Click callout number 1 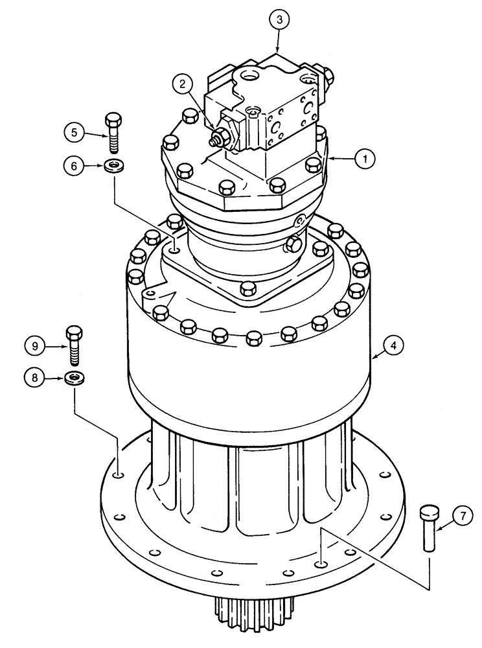pos(365,157)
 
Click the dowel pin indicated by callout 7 pos(429,527)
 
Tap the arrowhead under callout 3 pos(277,51)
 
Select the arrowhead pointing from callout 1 pos(332,157)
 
